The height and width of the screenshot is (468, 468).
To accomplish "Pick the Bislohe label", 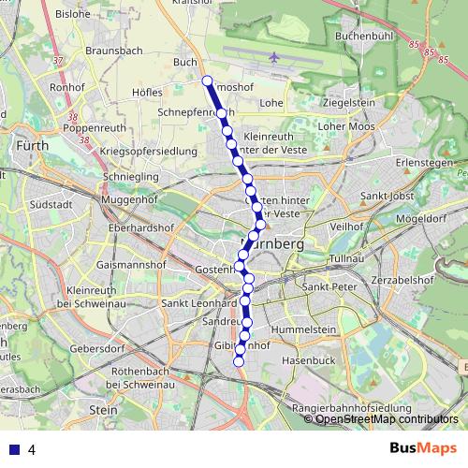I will (x=72, y=15).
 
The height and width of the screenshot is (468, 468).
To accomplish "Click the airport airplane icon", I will (x=273, y=57).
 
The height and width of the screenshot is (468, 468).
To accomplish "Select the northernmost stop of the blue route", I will (x=207, y=80).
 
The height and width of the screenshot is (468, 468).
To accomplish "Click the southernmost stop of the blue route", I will (x=239, y=361).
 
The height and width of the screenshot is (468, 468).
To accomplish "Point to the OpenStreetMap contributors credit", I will (x=387, y=419).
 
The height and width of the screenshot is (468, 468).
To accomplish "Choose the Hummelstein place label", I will (x=303, y=330).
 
